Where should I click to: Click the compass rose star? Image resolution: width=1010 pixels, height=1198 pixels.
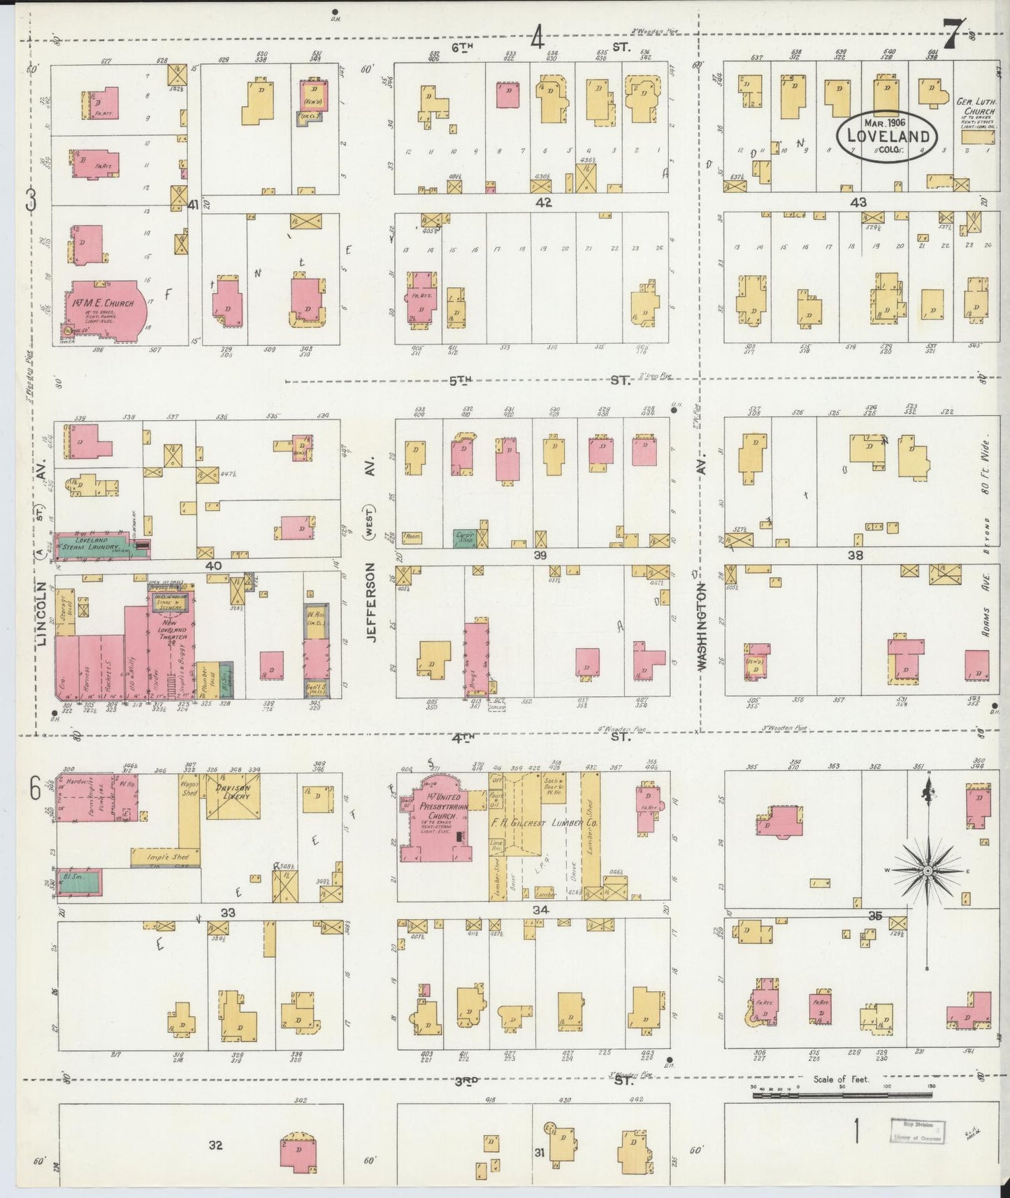pyautogui.click(x=928, y=870)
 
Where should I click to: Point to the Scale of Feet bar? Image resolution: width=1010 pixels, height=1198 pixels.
pyautogui.click(x=842, y=1095)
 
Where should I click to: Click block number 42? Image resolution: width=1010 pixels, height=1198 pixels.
pyautogui.click(x=544, y=203)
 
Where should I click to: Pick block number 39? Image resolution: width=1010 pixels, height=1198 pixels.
pyautogui.click(x=540, y=555)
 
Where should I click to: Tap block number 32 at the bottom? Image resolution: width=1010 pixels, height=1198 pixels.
pyautogui.click(x=215, y=1145)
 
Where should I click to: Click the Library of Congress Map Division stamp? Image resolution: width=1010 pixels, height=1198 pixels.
pyautogui.click(x=916, y=1130)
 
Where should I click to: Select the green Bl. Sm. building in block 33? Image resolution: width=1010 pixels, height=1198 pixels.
pyautogui.click(x=79, y=883)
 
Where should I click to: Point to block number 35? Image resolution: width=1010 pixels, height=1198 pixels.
pyautogui.click(x=875, y=916)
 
